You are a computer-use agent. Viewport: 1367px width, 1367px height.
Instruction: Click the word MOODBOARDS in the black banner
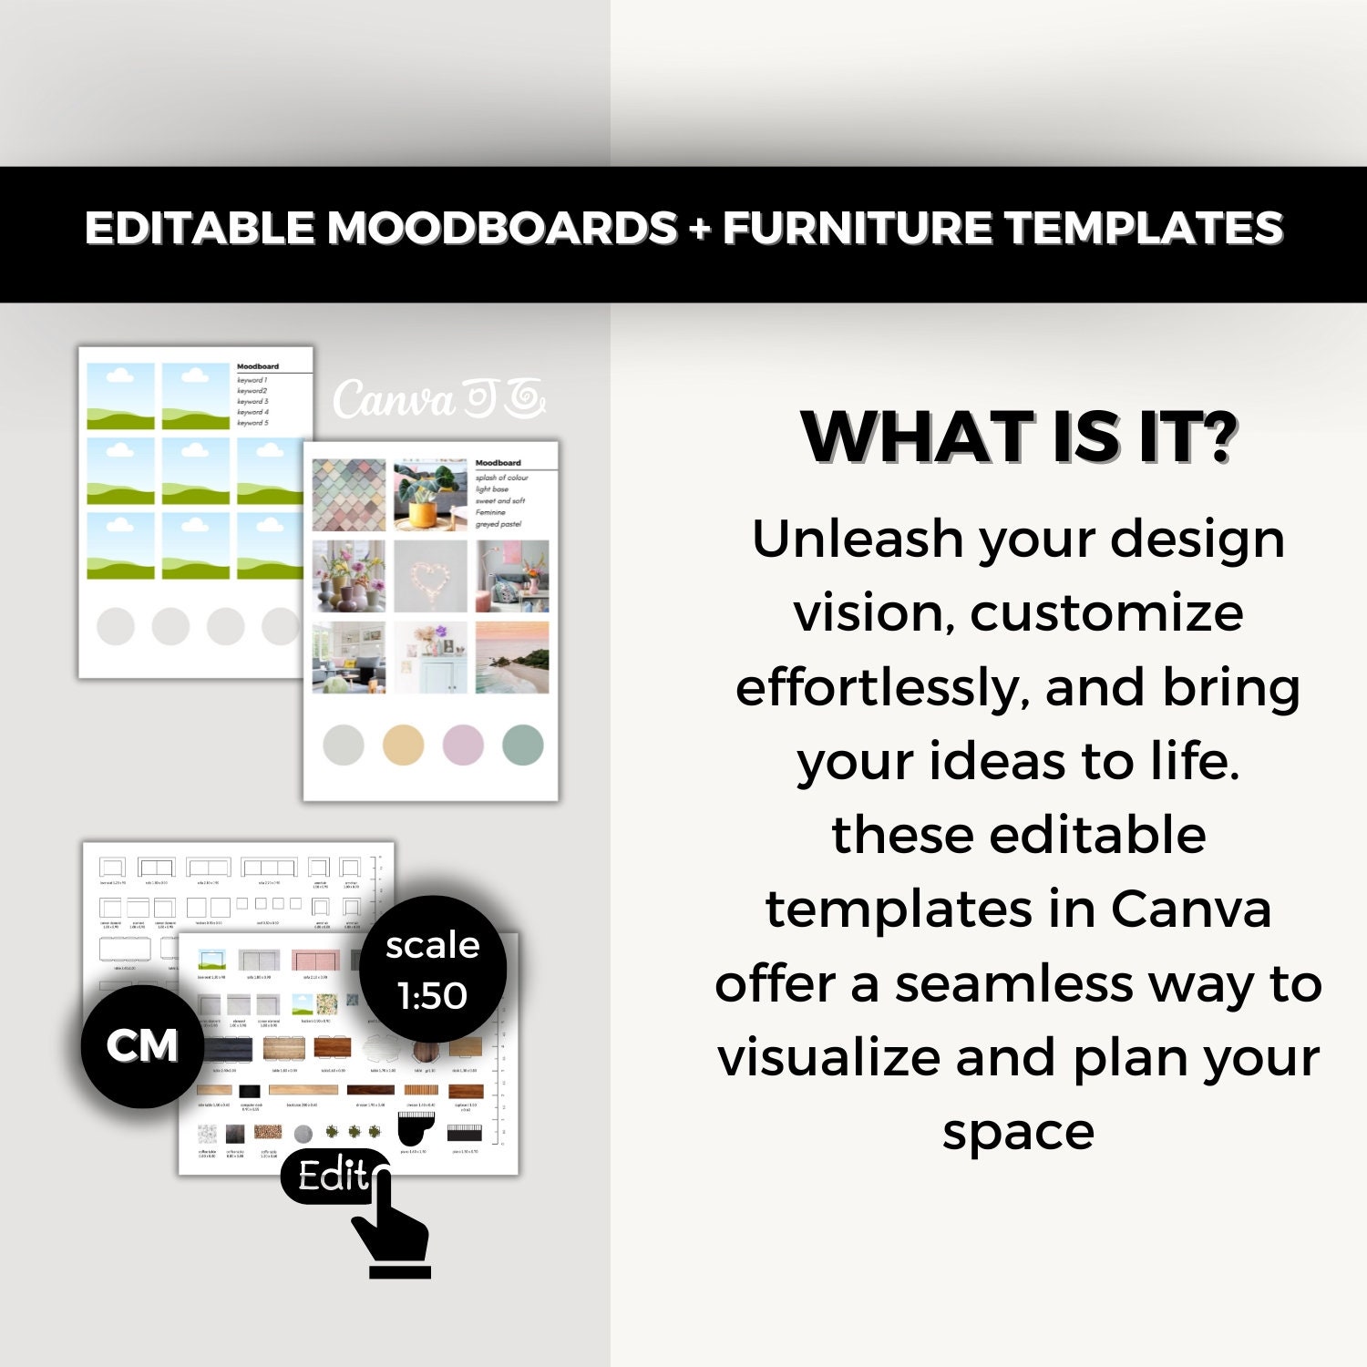(502, 228)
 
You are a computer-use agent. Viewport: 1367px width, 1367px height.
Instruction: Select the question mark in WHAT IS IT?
(1216, 437)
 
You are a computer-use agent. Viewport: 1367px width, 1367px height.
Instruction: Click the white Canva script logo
(438, 400)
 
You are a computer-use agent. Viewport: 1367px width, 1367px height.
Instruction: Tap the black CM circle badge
(142, 1046)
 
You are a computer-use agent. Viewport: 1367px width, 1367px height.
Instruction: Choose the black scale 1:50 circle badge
(432, 970)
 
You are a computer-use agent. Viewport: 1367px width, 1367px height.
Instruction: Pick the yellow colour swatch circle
(403, 745)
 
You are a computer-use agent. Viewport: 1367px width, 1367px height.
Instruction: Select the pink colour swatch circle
(463, 745)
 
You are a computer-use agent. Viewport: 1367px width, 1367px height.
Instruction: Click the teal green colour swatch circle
(523, 745)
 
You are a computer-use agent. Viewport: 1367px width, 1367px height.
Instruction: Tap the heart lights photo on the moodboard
(430, 576)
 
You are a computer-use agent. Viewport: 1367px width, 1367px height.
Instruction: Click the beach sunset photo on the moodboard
(512, 657)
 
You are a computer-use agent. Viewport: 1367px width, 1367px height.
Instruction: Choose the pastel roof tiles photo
(348, 495)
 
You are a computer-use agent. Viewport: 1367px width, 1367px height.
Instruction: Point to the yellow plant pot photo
(430, 495)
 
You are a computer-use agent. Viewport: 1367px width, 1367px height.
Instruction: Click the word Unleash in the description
(858, 539)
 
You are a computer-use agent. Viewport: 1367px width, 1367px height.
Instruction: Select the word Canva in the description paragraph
(1190, 909)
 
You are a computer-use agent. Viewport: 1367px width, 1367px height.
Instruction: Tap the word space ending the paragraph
(1017, 1132)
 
